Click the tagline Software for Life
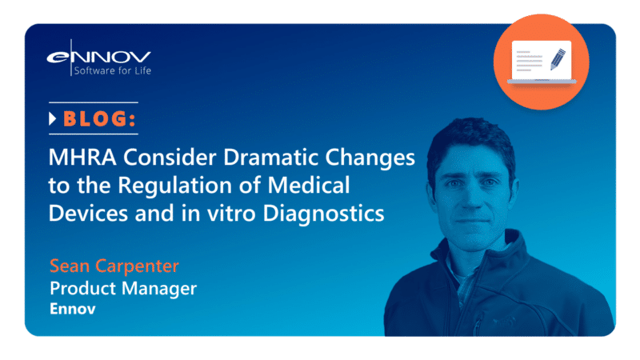111,72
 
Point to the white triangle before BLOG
53,120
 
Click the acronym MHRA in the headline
78,158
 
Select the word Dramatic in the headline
239,158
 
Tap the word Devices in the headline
85,214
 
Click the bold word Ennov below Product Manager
72,308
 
